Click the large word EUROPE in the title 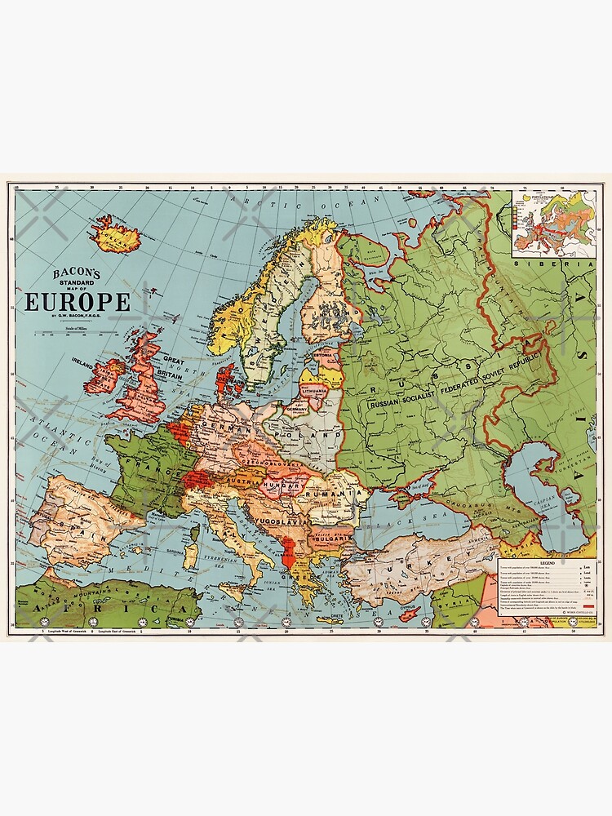(x=78, y=302)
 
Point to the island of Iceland (x=118, y=236)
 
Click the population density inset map (x=553, y=225)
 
